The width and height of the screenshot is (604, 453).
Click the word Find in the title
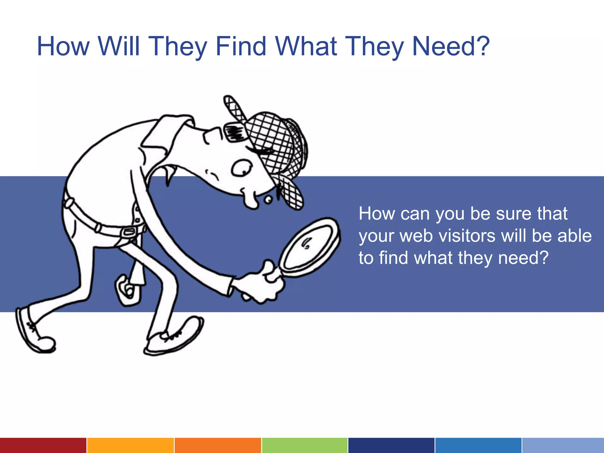[241, 46]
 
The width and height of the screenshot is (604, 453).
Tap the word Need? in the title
[451, 46]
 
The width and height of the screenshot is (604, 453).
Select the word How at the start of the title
[63, 46]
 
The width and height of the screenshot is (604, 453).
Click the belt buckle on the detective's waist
[129, 232]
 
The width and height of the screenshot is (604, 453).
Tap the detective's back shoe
[34, 332]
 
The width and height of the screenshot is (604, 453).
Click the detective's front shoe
[174, 338]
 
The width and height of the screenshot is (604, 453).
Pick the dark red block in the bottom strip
[43, 445]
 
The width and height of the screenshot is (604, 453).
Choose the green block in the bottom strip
[305, 445]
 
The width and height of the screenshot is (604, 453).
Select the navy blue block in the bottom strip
[391, 445]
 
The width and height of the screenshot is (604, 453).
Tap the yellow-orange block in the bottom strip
[130, 445]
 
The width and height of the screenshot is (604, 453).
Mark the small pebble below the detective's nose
[268, 200]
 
